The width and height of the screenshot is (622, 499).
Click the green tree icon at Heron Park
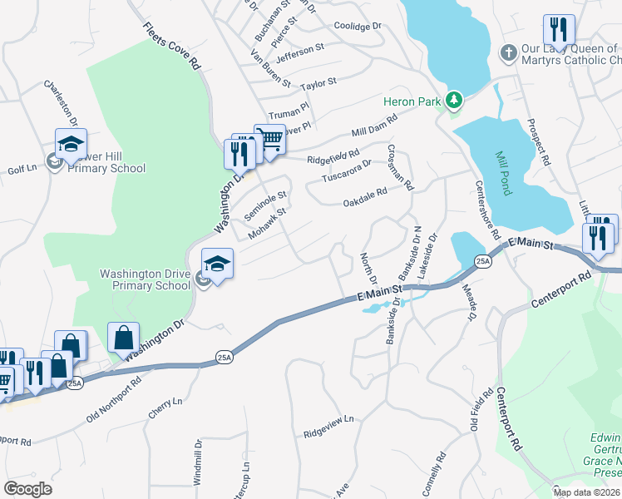click(453, 101)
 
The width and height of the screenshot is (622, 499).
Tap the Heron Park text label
click(412, 102)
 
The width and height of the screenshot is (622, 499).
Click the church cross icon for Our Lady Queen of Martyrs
click(509, 53)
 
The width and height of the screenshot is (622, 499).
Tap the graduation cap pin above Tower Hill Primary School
click(72, 142)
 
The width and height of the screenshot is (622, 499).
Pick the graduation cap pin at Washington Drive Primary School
click(217, 264)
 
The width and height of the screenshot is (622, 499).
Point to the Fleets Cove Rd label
click(171, 46)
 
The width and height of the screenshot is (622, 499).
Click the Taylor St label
click(318, 83)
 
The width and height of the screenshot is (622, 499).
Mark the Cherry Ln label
click(165, 407)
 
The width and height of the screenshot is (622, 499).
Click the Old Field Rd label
click(476, 413)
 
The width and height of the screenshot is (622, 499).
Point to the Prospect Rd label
click(538, 142)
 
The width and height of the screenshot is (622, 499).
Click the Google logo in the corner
click(27, 489)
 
